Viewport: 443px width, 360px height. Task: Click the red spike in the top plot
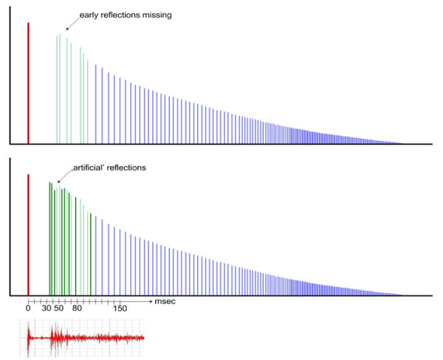tap(28, 81)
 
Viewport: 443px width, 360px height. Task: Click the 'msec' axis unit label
tap(165, 301)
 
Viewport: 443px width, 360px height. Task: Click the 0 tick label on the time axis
tap(28, 308)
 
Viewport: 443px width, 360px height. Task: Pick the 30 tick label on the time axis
tap(47, 308)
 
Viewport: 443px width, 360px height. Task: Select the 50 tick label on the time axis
tap(58, 308)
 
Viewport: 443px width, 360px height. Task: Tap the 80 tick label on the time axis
tap(77, 308)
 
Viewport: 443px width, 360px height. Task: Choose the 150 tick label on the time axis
tap(120, 308)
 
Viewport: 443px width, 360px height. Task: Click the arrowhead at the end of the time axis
tap(151, 301)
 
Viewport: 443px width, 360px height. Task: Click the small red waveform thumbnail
tap(81, 340)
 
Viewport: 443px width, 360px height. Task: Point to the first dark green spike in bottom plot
tap(49, 236)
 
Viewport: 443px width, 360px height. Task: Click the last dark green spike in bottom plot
tap(91, 255)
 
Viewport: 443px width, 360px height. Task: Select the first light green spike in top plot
tap(56, 89)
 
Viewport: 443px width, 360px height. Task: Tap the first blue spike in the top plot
tap(95, 103)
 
